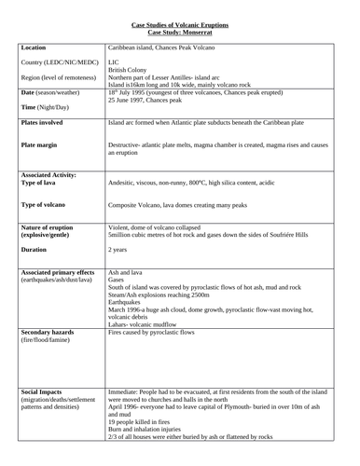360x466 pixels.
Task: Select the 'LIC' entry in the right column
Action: coord(114,62)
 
